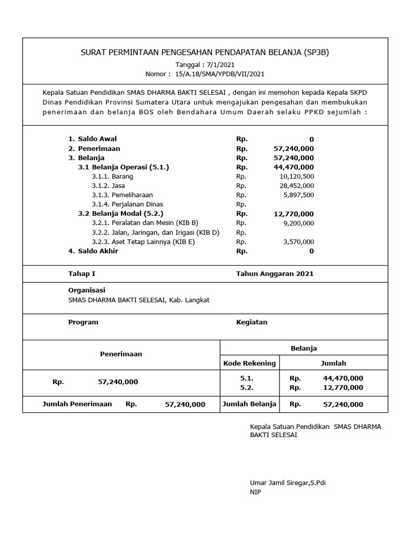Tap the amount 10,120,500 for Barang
[x=297, y=176]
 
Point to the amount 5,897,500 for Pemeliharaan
[x=298, y=195]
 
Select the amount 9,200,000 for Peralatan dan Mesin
[x=298, y=223]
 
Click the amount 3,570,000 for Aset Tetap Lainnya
[x=298, y=242]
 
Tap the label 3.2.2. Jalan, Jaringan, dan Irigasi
[x=156, y=233]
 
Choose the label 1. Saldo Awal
[x=92, y=139]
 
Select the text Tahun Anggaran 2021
[x=275, y=274]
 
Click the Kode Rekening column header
[x=250, y=363]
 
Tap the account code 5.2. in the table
[x=246, y=387]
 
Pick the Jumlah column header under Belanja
[x=333, y=363]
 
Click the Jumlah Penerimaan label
[x=77, y=404]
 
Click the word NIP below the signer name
[x=255, y=492]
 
